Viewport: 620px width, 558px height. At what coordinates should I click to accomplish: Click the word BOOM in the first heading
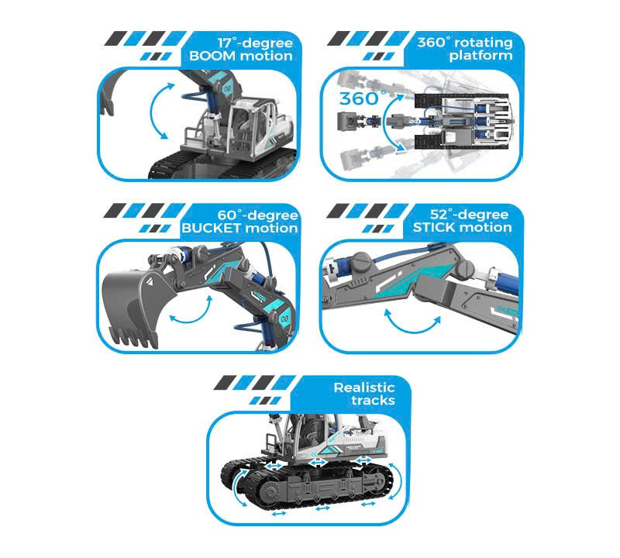(212, 56)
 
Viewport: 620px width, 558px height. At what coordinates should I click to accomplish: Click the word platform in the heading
(480, 55)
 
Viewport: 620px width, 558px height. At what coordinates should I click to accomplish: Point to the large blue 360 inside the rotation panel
(359, 99)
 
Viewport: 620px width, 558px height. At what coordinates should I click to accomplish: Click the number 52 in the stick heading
(438, 215)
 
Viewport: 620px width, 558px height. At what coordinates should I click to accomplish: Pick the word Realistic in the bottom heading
(364, 387)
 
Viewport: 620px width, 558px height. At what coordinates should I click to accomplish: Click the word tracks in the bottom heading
(373, 400)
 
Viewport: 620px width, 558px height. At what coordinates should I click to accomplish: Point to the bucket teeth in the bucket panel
(134, 338)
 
